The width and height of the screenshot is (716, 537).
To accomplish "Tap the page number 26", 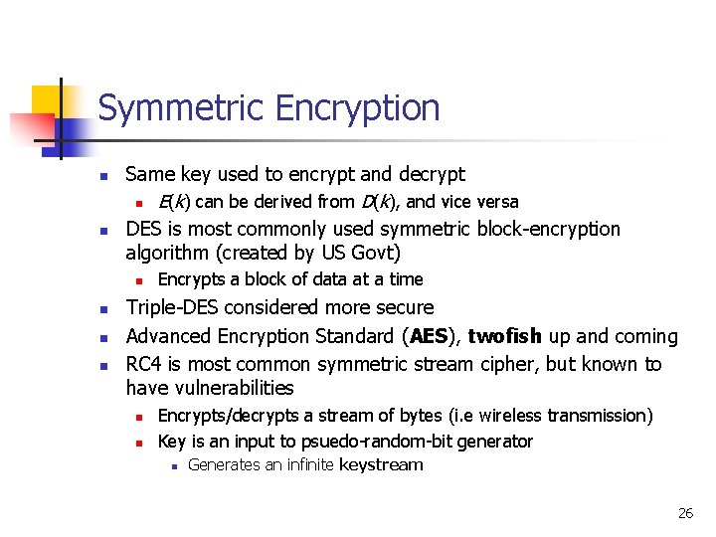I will tap(685, 513).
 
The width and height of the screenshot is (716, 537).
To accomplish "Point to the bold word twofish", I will tap(504, 337).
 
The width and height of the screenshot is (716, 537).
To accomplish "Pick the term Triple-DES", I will tap(178, 308).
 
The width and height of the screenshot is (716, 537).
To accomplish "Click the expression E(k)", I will tap(175, 202).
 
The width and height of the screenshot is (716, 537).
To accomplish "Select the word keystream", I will tap(382, 465).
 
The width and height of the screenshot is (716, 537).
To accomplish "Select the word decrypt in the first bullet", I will tap(434, 175).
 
